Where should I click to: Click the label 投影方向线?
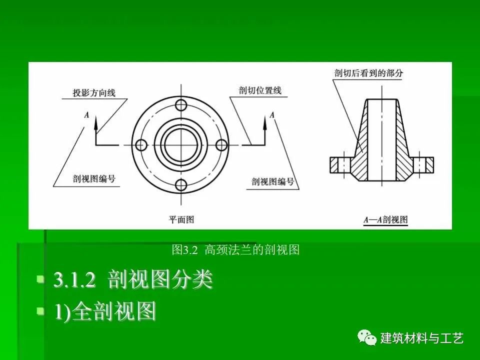point(94,93)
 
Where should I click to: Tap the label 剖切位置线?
point(260,90)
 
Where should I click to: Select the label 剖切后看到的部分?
point(368,73)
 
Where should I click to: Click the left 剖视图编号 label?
point(94,178)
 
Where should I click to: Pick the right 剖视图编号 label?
point(273,181)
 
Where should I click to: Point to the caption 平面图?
point(181,219)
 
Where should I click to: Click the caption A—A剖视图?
point(385,220)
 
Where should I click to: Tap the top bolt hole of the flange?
point(181,105)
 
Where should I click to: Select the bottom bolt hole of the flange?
point(181,185)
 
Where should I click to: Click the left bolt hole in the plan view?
point(141,145)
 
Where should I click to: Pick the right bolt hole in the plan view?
point(221,145)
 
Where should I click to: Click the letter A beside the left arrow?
point(87,115)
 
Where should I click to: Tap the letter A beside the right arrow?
point(272,115)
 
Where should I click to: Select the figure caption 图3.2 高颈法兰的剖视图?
point(235,250)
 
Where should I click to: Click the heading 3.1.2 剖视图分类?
point(132,279)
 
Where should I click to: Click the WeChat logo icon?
point(366,337)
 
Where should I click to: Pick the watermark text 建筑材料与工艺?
point(422,338)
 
